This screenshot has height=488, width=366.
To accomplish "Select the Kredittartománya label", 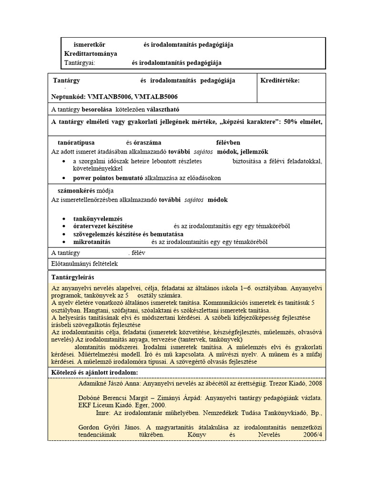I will [x=90, y=54].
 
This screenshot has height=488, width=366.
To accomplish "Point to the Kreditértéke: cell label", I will [x=280, y=81].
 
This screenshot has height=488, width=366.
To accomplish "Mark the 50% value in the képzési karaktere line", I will [x=291, y=121].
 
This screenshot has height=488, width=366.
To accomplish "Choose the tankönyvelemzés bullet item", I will [x=98, y=218].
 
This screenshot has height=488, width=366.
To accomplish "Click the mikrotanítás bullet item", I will [x=91, y=242].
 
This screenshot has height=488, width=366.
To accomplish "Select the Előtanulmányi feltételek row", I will [x=84, y=263].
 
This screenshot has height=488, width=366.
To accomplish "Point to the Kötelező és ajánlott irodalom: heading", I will [x=94, y=372].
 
